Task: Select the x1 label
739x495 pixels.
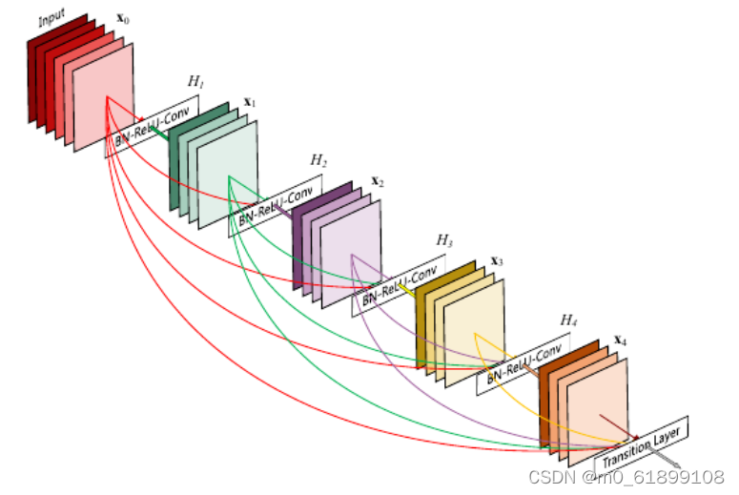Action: [x=250, y=100]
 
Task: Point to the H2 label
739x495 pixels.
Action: [x=318, y=159]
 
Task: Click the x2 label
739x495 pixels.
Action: [x=378, y=181]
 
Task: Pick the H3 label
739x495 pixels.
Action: [x=444, y=238]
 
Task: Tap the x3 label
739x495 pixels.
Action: [x=497, y=260]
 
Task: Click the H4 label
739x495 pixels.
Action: [x=569, y=320]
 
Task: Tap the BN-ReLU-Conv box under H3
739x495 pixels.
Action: [x=399, y=285]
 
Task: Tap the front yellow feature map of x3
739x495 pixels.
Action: [x=475, y=334]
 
